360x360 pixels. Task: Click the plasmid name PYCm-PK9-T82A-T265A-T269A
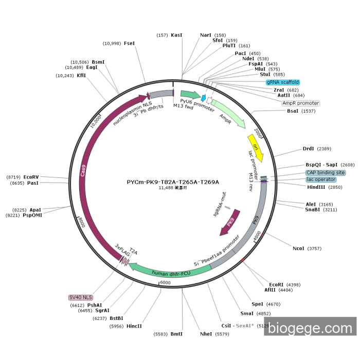173,182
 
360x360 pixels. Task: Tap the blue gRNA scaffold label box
283,82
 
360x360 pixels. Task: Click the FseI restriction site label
129,43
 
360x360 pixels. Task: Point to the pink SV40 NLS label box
81,297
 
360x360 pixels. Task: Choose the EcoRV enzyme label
31,177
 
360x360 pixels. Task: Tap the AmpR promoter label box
301,103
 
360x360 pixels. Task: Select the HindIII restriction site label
317,187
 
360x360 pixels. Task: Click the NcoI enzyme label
298,248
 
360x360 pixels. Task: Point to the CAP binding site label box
326,173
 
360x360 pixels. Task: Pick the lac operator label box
321,179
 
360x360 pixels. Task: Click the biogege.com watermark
310,327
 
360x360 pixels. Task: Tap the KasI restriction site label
176,35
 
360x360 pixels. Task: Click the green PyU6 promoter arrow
190,95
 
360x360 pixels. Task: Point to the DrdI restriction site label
308,149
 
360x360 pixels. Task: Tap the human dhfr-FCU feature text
171,273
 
